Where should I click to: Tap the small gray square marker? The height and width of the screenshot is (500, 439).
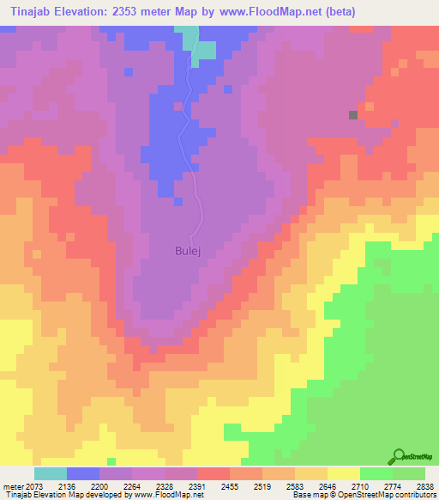352,114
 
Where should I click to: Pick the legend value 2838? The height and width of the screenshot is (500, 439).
424,486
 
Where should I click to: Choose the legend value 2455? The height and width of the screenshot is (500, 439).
229,486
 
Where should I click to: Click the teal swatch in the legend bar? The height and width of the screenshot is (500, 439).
51,473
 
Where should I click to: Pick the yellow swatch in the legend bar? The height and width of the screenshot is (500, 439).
343,473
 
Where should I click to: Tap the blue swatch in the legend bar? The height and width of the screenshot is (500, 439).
83,473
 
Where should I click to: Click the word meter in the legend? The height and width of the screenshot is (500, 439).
12,486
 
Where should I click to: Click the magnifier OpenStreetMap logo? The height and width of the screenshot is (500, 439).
398,457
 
